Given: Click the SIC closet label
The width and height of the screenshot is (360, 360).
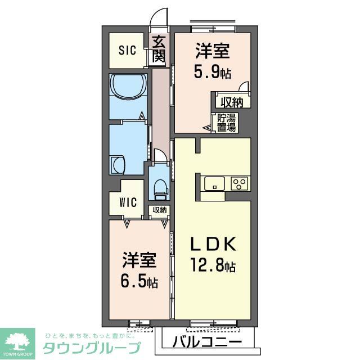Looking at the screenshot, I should (127, 50).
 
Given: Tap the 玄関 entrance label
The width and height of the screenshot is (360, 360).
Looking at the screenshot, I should (159, 49).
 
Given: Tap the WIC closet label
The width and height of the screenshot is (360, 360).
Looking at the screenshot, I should (128, 202).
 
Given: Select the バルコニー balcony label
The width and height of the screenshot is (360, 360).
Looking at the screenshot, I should (207, 342).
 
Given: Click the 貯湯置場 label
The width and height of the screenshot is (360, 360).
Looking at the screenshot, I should (228, 122).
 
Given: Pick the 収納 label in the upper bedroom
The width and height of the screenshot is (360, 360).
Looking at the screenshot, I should (231, 102).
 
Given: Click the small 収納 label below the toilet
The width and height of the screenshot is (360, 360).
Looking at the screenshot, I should (159, 210).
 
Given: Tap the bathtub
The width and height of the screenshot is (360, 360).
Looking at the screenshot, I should (128, 88).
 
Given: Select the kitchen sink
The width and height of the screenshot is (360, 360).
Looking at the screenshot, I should (214, 183).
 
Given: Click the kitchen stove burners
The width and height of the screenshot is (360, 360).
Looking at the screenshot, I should (239, 183).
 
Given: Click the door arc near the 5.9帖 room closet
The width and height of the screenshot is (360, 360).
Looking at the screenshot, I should (244, 85).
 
